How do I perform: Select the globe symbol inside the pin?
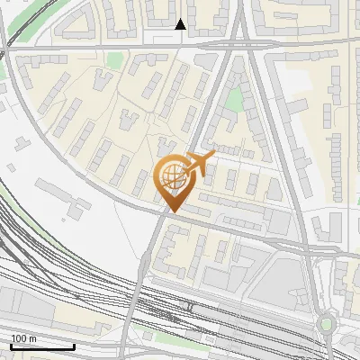pyautogui.click(x=173, y=177)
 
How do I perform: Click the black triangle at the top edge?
pyautogui.click(x=181, y=24)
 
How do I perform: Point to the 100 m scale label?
pyautogui.click(x=23, y=338)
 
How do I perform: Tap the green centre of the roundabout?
pyautogui.click(x=326, y=324)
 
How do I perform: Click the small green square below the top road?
pyautogui.click(x=113, y=59)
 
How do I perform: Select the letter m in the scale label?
pyautogui.click(x=32, y=338)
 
